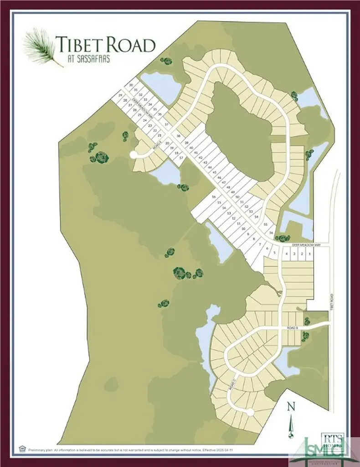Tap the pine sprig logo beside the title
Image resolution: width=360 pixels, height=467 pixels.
point(41,47)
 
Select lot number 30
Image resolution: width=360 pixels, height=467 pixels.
point(131,85)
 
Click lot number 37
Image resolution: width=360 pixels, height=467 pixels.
point(167,124)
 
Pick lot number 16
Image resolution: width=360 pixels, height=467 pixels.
point(213,197)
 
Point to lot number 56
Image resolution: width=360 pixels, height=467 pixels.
point(271,233)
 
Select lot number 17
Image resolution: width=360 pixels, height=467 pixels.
point(181,158)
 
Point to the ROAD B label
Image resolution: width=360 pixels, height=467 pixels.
point(293,328)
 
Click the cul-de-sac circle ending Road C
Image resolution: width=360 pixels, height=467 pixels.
point(250,412)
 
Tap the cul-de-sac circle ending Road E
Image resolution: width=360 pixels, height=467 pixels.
point(134,155)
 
